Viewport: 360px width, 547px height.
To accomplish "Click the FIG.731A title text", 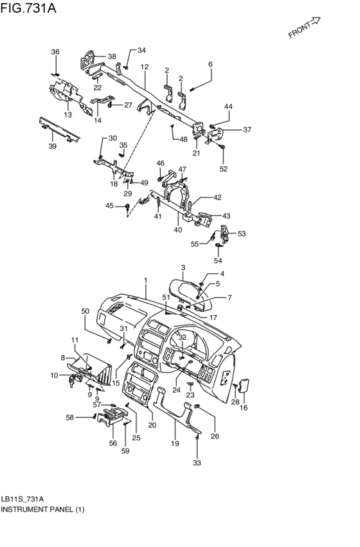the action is pyautogui.click(x=28, y=8).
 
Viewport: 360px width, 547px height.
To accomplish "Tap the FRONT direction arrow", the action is pyautogui.click(x=314, y=22).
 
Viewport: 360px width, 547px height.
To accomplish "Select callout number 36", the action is pyautogui.click(x=55, y=52).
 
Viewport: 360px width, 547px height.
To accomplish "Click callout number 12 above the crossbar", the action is pyautogui.click(x=145, y=67).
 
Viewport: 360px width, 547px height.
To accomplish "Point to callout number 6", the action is pyautogui.click(x=210, y=64).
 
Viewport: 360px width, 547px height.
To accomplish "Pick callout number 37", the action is pyautogui.click(x=247, y=130).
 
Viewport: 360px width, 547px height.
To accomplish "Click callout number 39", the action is pyautogui.click(x=52, y=146).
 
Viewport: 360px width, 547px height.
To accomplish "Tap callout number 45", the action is pyautogui.click(x=109, y=206).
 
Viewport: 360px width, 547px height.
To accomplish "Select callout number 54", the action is pyautogui.click(x=218, y=260).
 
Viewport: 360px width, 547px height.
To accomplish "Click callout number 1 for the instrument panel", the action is pyautogui.click(x=146, y=280).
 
